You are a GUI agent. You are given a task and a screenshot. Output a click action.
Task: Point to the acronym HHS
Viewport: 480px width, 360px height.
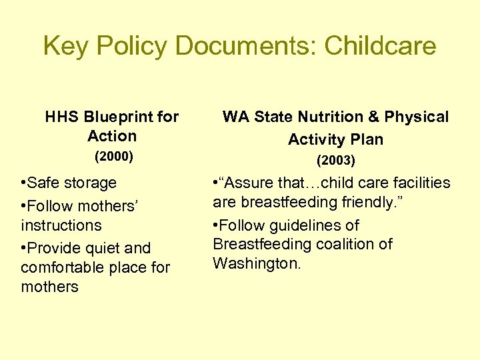(63, 117)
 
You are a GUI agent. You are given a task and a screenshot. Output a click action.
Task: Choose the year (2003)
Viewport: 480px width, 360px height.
(335, 161)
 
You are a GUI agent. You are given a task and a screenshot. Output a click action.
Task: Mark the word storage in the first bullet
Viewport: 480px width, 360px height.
(90, 183)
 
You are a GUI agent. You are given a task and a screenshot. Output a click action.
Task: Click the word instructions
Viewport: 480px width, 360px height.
(61, 225)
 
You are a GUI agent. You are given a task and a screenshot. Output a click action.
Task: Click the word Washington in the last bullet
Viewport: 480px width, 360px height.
(257, 263)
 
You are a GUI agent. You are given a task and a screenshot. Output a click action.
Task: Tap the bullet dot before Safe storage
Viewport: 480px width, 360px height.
(23, 183)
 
